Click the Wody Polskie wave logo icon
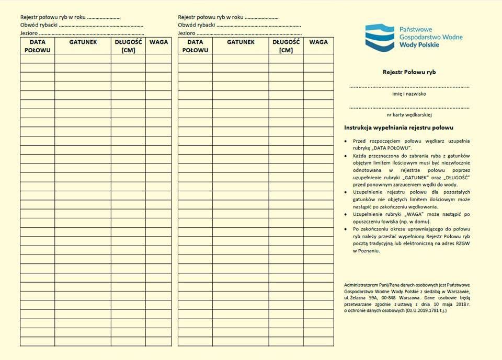point(380,38)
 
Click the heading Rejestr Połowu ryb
point(409,73)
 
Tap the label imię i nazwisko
point(409,94)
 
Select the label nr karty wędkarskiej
point(409,115)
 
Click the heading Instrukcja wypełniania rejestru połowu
point(398,127)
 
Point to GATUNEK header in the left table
point(83,42)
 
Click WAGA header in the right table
point(318,42)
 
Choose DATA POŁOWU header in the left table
point(38,46)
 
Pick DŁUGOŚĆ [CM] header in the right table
point(286,46)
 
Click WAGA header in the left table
point(159,42)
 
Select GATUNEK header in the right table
point(241,42)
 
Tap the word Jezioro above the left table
point(29,33)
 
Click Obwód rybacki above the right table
point(197,25)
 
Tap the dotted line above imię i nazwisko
point(409,87)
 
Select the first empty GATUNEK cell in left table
point(83,59)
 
